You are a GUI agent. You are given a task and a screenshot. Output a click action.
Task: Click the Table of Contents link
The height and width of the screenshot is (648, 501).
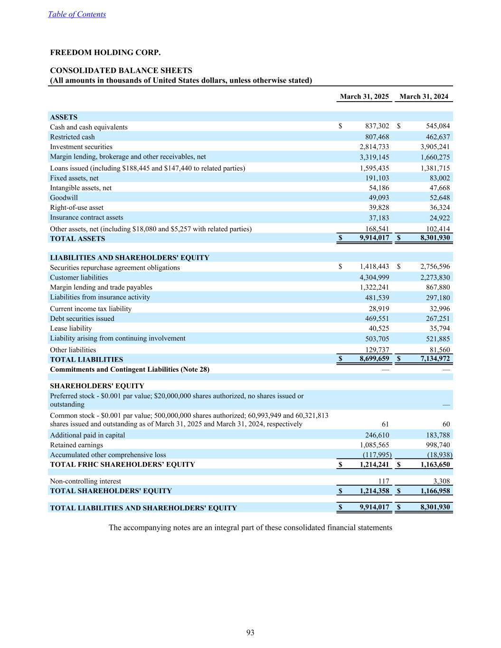77,14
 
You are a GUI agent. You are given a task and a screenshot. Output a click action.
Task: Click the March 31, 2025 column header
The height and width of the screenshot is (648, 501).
364,96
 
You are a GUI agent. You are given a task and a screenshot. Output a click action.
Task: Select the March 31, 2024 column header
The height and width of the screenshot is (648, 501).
424,96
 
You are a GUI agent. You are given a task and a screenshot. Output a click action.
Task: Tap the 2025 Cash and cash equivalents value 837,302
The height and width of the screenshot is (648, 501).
377,126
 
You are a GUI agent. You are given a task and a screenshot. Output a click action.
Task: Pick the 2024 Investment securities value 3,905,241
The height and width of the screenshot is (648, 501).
432,147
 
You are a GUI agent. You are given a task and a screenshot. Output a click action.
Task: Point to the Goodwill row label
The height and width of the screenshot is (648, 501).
64,197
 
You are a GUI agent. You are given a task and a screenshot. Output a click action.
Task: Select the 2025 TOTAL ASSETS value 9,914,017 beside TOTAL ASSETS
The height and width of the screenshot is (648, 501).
374,238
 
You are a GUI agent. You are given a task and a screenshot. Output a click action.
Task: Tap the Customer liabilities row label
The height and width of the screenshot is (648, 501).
79,277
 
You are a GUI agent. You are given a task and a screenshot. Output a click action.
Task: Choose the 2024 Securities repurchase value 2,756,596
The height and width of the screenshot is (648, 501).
432,267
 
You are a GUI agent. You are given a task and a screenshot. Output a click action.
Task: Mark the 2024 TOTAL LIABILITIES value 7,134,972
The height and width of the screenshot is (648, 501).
432,359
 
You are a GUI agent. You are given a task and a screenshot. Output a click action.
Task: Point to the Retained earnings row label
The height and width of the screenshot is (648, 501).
76,445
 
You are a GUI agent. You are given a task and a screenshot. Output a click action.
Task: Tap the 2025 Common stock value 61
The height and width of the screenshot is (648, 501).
385,424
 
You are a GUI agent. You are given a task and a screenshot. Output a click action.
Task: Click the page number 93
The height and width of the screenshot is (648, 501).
250,632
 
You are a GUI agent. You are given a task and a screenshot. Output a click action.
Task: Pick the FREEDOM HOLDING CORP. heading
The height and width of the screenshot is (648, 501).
105,53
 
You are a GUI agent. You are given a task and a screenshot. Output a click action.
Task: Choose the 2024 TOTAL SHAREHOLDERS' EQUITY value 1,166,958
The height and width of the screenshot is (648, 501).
432,490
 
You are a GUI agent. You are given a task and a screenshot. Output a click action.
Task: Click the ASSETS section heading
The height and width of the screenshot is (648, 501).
64,117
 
